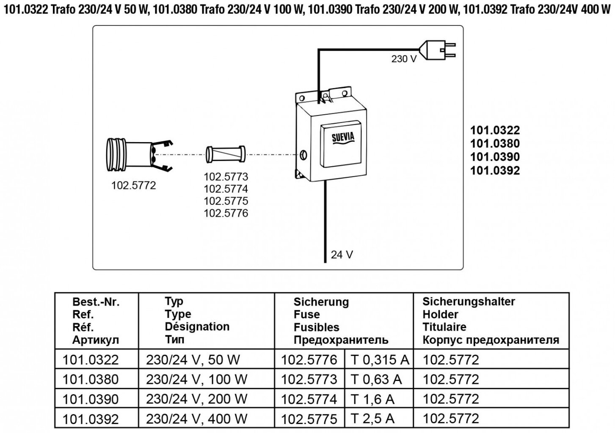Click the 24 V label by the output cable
click(342, 255)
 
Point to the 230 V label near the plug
click(404, 59)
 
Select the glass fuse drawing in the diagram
click(225, 154)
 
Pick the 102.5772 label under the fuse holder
click(133, 185)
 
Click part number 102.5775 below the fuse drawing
click(226, 201)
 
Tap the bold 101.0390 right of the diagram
click(495, 157)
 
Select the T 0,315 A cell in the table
click(380, 359)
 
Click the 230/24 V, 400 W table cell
click(196, 419)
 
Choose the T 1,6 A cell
click(372, 399)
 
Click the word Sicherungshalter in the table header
click(469, 301)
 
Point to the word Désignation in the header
click(197, 326)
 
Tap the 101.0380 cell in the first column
click(91, 379)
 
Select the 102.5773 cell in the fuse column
click(309, 379)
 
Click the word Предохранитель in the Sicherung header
click(341, 340)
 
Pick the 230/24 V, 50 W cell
click(193, 359)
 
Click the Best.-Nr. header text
click(96, 302)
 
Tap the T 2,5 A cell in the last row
click(372, 419)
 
